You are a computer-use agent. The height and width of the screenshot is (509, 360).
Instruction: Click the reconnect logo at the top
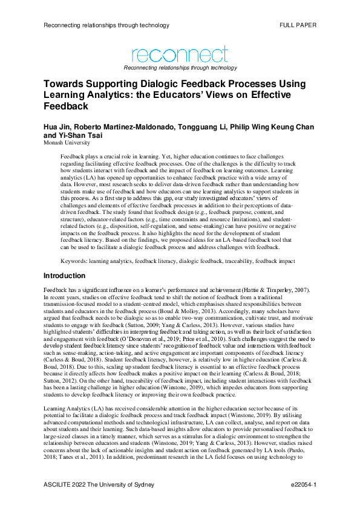[180, 55]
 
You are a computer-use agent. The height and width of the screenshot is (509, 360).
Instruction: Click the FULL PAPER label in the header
[298, 25]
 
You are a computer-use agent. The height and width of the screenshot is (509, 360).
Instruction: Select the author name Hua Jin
[57, 128]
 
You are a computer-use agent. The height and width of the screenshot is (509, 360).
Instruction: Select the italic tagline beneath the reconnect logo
[180, 68]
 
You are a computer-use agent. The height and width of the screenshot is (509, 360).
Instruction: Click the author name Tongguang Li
[198, 128]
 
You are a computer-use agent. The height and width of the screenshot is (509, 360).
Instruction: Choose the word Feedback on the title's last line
[66, 106]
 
